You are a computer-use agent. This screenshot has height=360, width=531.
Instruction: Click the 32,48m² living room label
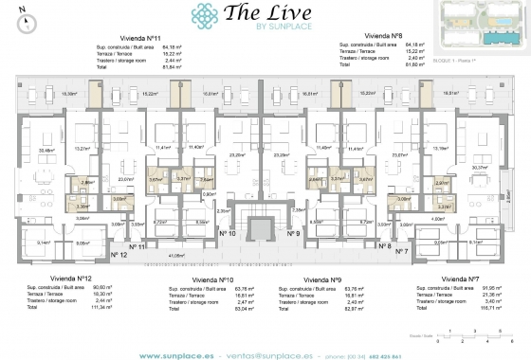[x=44, y=150]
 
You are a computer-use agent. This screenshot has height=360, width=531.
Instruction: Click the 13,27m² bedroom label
[x=82, y=148]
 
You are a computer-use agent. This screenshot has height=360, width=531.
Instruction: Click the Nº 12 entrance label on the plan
[x=118, y=253]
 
